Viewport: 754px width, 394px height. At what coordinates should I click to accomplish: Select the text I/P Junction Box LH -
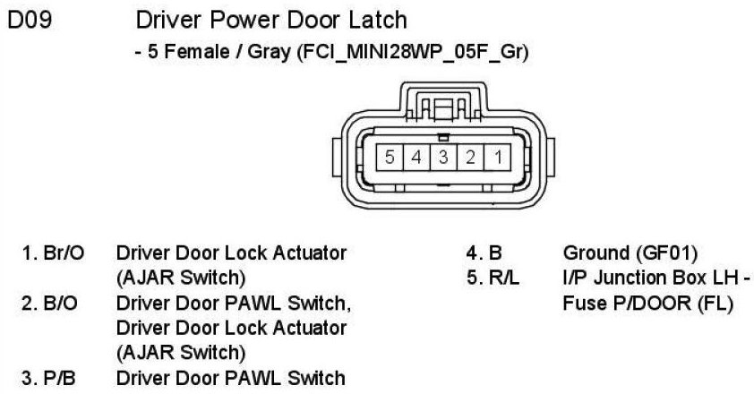[x=653, y=278]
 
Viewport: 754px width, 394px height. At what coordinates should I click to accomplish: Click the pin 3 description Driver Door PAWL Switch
[x=230, y=378]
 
